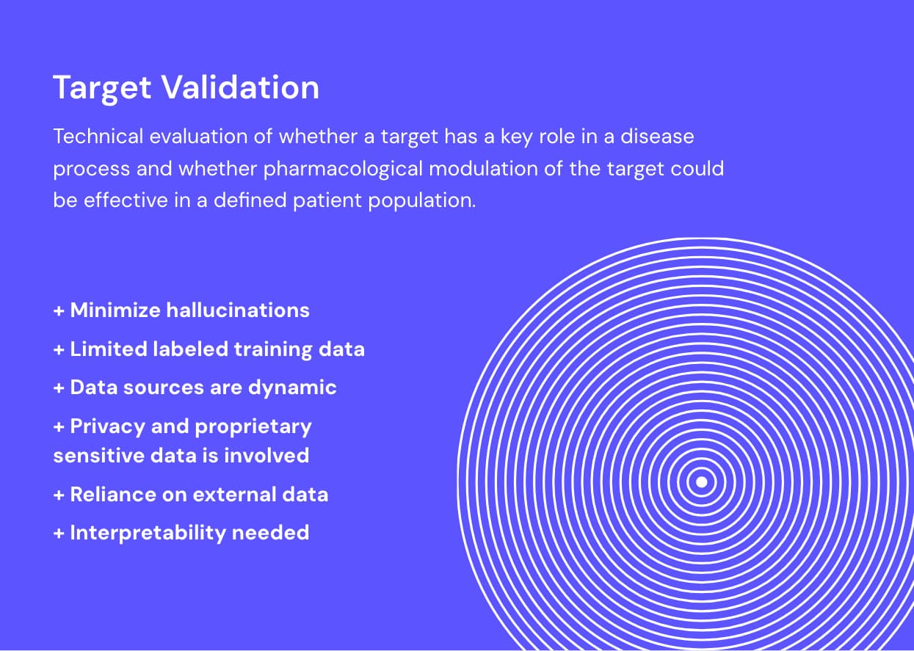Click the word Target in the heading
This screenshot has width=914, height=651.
point(103,87)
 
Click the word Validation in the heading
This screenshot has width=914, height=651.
point(240,87)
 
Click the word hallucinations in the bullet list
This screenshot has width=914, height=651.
point(238,310)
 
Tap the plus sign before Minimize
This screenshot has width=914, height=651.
point(59,310)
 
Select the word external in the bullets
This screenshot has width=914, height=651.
point(241,494)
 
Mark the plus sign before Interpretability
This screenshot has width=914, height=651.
point(59,533)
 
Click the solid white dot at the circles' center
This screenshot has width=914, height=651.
point(701,482)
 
